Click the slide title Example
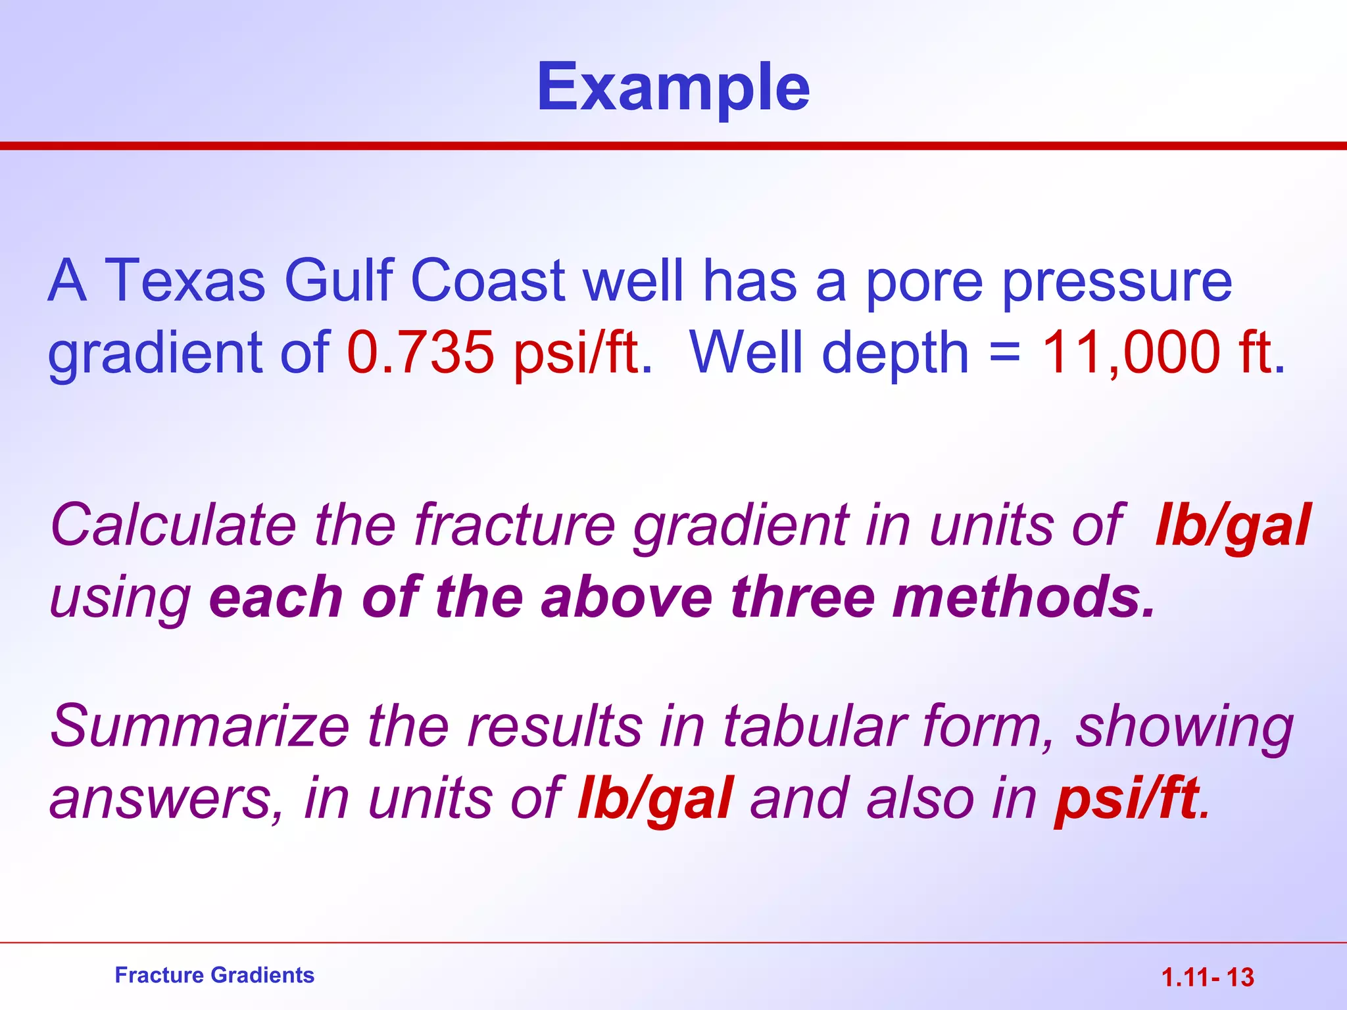(673, 87)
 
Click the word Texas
(185, 281)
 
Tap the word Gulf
(338, 281)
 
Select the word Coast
(488, 281)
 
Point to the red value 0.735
(420, 352)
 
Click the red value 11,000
(1131, 352)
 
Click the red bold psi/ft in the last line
(1127, 800)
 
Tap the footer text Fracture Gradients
(214, 975)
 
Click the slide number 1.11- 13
(1208, 977)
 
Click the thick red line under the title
(673, 145)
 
